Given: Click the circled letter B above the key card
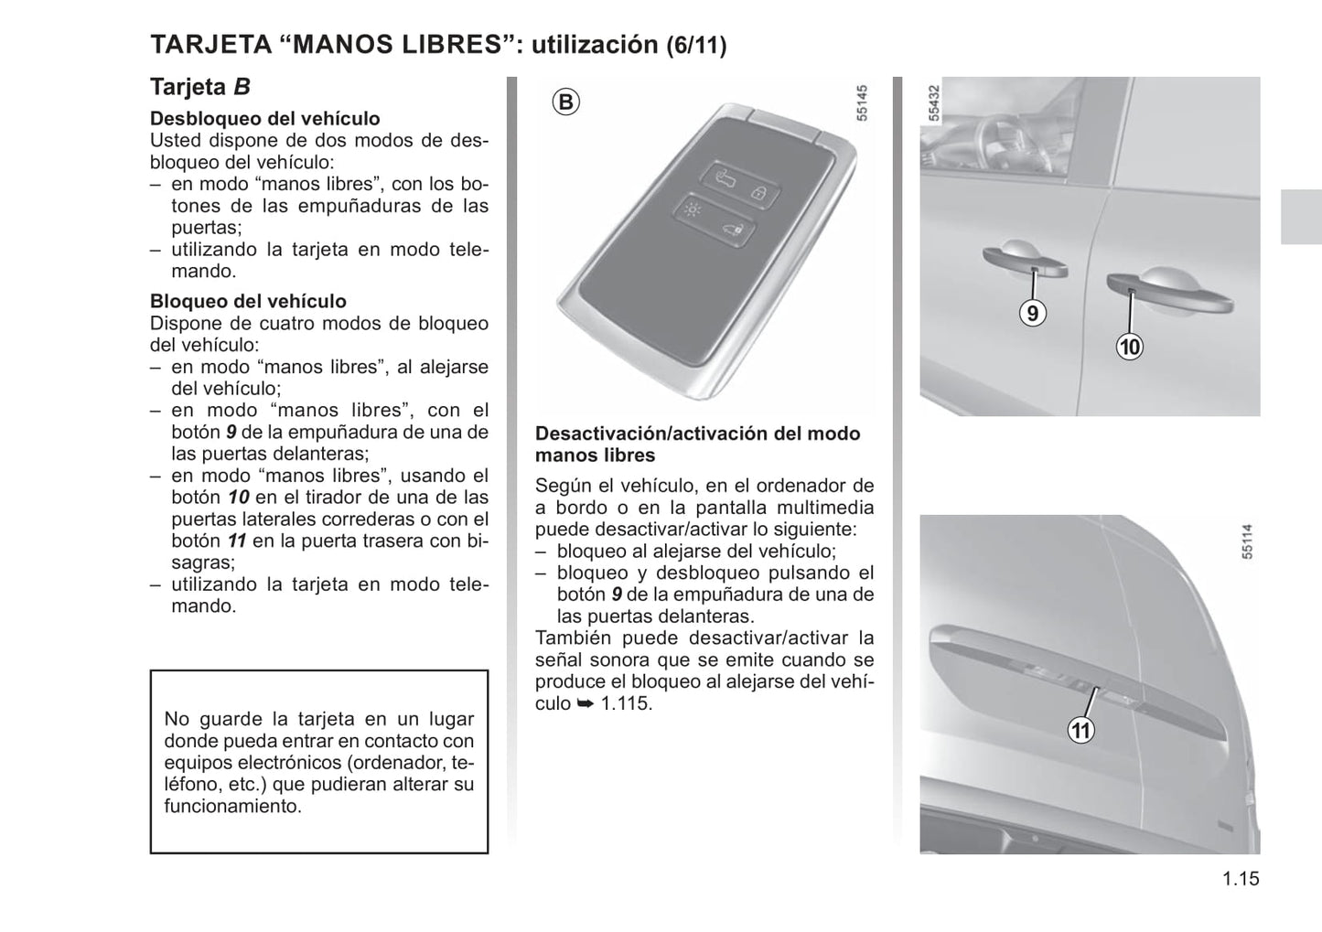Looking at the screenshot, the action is pyautogui.click(x=566, y=102).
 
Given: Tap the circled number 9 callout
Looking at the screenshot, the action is pyautogui.click(x=1033, y=313).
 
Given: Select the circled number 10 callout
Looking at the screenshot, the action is pyautogui.click(x=1130, y=347).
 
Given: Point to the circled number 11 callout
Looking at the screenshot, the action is pyautogui.click(x=1081, y=730).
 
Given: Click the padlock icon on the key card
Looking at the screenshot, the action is pyautogui.click(x=758, y=193).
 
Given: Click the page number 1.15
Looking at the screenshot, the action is pyautogui.click(x=1241, y=879).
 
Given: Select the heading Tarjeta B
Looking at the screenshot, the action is pyautogui.click(x=200, y=87).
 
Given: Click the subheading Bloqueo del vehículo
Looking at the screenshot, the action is pyautogui.click(x=248, y=301).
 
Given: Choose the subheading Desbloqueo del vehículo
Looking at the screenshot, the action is pyautogui.click(x=265, y=118).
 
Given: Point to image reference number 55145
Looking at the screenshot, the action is pyautogui.click(x=862, y=103).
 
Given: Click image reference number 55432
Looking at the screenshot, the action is pyautogui.click(x=934, y=103).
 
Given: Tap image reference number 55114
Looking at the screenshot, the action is pyautogui.click(x=1247, y=541).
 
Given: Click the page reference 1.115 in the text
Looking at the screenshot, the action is pyautogui.click(x=626, y=703).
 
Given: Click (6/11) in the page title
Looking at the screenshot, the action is pyautogui.click(x=696, y=46).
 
